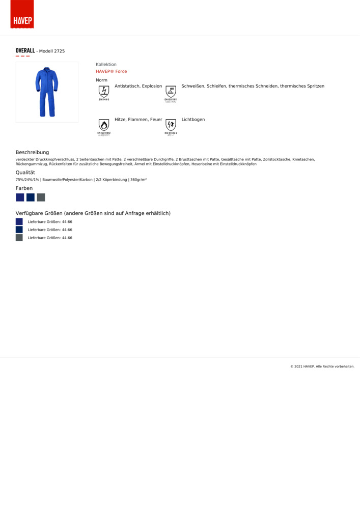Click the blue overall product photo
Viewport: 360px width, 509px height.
pyautogui.click(x=47, y=92)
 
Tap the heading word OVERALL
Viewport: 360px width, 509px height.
pyautogui.click(x=25, y=51)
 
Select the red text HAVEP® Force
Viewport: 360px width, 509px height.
pyautogui.click(x=111, y=72)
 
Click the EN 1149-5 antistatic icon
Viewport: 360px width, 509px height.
pyautogui.click(x=104, y=92)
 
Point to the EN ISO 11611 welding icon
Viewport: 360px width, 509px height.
pyautogui.click(x=171, y=93)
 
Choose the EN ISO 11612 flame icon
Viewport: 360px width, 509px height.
pyautogui.click(x=104, y=126)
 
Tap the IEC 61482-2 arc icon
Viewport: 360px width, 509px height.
pyautogui.click(x=171, y=126)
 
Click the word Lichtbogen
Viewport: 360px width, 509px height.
pyautogui.click(x=193, y=120)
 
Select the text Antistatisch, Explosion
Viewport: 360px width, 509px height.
pyautogui.click(x=138, y=87)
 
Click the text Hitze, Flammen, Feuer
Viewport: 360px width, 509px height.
pyautogui.click(x=138, y=120)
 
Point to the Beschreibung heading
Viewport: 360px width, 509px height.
pyautogui.click(x=32, y=152)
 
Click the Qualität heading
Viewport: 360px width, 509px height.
pyautogui.click(x=25, y=173)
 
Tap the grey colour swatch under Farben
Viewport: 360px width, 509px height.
pyautogui.click(x=41, y=197)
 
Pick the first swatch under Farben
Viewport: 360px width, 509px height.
pyautogui.click(x=20, y=197)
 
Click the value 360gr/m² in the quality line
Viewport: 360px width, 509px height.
pyautogui.click(x=139, y=180)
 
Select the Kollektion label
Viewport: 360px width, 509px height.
pyautogui.click(x=106, y=65)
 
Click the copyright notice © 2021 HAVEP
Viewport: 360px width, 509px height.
pyautogui.click(x=322, y=366)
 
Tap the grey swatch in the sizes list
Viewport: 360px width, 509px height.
pyautogui.click(x=19, y=238)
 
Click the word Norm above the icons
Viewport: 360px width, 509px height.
pyautogui.click(x=101, y=80)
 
